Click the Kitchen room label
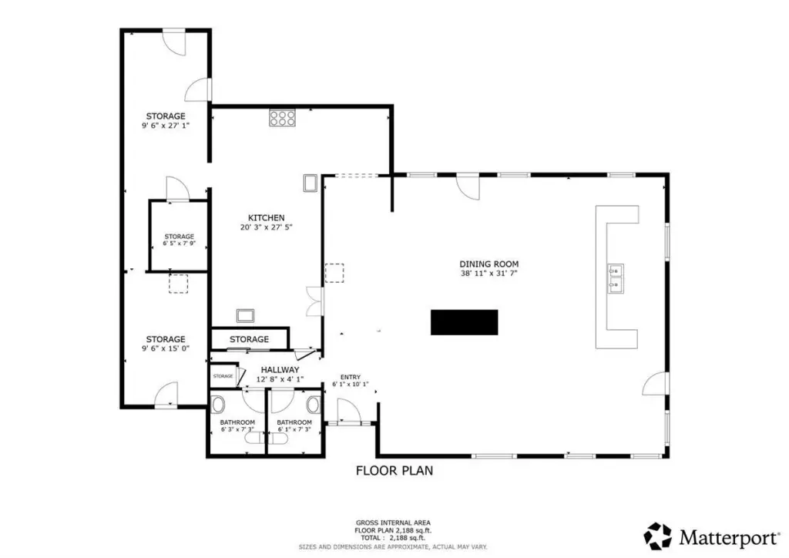(x=266, y=218)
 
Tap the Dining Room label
(x=489, y=264)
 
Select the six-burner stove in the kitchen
(x=282, y=118)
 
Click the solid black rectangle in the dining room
(x=464, y=322)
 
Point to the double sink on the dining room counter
(x=616, y=278)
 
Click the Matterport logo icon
(x=657, y=536)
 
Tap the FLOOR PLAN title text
(x=394, y=470)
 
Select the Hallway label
(x=280, y=370)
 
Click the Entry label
(x=351, y=377)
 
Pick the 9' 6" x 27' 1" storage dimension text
(x=166, y=126)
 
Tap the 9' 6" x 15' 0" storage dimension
(x=166, y=348)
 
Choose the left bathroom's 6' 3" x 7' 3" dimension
(x=237, y=429)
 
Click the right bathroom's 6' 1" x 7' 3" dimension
(x=294, y=429)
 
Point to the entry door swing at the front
(x=349, y=410)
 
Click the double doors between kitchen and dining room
(x=314, y=301)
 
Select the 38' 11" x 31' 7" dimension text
(x=489, y=274)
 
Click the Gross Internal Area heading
(x=393, y=523)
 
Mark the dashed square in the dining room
(x=334, y=273)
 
